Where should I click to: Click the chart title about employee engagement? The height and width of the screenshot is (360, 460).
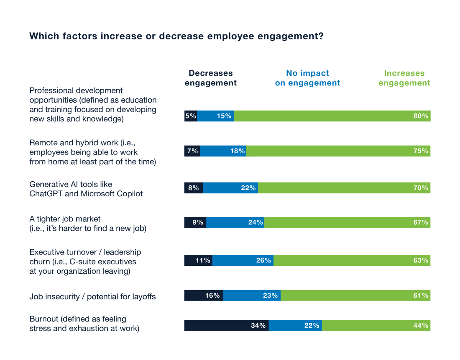pos(176,36)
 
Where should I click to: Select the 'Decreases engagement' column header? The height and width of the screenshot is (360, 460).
pos(210,78)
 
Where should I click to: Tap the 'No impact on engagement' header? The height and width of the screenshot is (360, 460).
pos(307,78)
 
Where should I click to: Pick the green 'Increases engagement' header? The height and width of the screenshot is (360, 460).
pos(404,78)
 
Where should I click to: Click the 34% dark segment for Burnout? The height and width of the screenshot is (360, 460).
pos(226,326)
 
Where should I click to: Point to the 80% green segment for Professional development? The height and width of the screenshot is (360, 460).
pos(332,116)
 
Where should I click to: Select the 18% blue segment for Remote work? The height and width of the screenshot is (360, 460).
pos(223,151)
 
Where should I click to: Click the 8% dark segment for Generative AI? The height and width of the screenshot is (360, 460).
pos(194,188)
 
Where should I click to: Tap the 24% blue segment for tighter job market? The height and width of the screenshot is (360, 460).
pos(235,222)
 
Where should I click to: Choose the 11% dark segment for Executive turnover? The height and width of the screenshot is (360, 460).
pos(198,260)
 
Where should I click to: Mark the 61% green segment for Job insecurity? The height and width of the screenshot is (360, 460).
pos(355,296)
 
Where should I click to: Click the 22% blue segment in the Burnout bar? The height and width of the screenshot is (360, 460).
pos(295,326)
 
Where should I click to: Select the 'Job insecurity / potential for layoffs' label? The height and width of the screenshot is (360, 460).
pos(92,297)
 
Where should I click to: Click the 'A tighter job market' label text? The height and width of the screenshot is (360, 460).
pos(65,219)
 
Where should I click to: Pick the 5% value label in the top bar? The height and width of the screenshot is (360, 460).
pos(190,116)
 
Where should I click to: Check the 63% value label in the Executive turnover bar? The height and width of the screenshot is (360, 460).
pos(421,260)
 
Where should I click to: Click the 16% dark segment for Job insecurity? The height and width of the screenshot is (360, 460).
pos(204,296)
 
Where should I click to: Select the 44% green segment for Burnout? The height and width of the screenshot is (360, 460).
pos(376,326)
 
